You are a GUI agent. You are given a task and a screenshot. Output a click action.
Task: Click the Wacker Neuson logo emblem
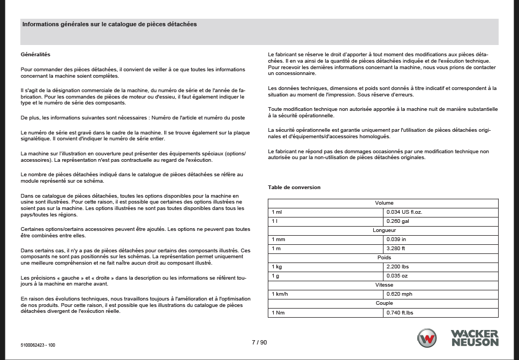[x=427, y=339]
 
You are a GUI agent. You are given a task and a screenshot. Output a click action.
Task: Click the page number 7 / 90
[x=259, y=342]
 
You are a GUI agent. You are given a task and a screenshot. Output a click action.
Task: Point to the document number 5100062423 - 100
[x=37, y=346]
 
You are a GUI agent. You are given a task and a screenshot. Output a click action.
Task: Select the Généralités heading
[x=35, y=55]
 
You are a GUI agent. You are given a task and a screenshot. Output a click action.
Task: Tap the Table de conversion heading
[x=294, y=187]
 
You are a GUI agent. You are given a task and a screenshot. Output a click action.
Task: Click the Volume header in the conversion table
[x=383, y=203]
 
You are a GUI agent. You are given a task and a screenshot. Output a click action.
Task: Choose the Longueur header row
[x=383, y=230]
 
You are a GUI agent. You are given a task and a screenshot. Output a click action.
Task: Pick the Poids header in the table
[x=383, y=258]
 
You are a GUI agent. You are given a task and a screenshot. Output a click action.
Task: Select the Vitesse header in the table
[x=383, y=285]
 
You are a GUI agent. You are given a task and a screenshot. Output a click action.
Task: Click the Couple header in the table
[x=383, y=303]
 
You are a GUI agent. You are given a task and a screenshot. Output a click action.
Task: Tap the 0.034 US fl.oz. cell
[x=404, y=212]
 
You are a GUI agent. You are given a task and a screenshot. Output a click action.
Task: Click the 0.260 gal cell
[x=397, y=221]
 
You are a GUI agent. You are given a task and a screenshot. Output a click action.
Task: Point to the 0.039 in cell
[x=396, y=239]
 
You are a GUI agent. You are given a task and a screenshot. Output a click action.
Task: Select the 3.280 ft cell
[x=396, y=249]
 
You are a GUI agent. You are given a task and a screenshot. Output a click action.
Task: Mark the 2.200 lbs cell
[x=398, y=267]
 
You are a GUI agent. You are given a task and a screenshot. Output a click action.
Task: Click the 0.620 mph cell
[x=399, y=294]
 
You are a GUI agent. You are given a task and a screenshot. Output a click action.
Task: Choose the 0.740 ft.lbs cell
[x=400, y=312]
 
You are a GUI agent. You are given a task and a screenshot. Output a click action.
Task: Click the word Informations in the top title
[x=41, y=24]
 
